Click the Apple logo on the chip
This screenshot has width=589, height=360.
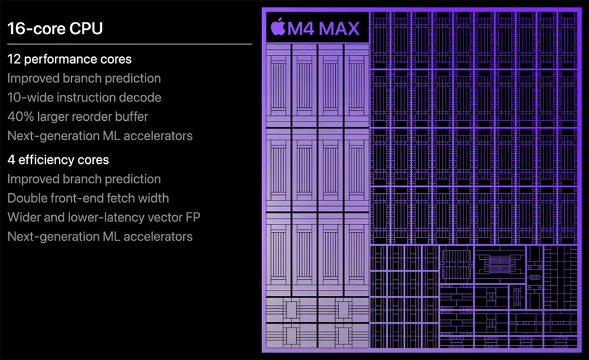pos(278,27)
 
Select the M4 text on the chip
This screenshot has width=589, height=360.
pos(301,28)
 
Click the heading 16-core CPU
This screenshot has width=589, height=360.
pos(55,28)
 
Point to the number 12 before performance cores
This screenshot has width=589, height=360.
pos(14,59)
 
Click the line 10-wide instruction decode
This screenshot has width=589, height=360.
pos(84,97)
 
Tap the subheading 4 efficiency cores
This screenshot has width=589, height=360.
pos(58,160)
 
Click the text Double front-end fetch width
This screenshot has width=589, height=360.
pos(88,198)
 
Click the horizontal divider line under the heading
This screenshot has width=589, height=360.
pos(130,44)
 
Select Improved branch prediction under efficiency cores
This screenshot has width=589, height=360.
pos(84,179)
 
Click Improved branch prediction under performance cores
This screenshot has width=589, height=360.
pos(84,78)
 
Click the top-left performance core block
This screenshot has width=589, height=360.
pos(279,85)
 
